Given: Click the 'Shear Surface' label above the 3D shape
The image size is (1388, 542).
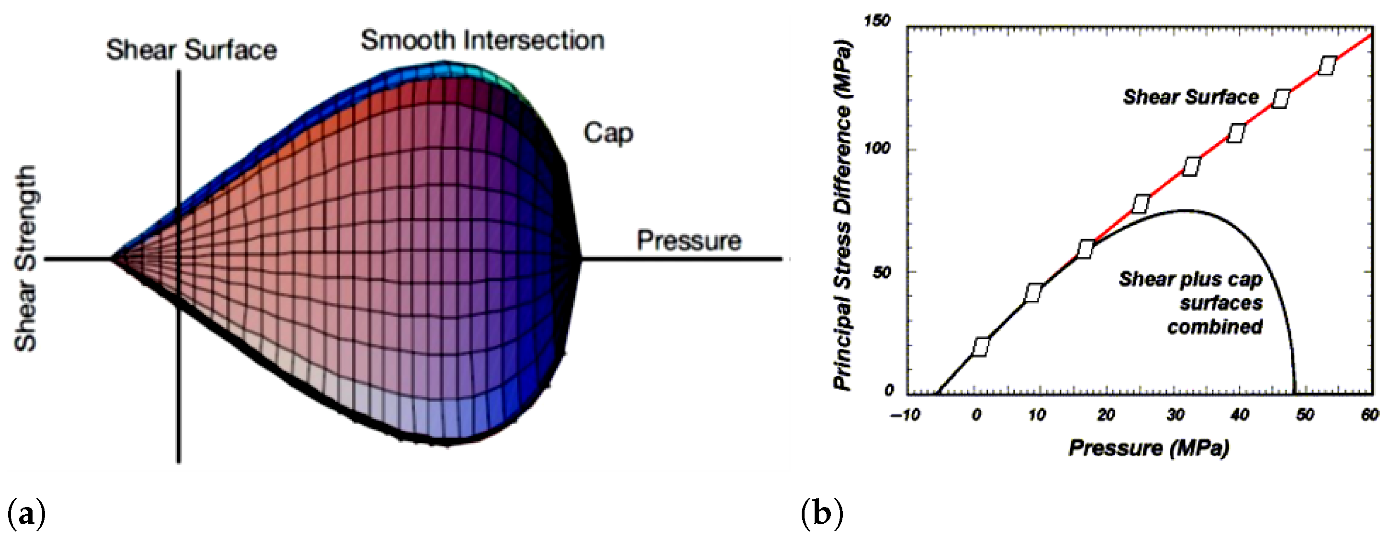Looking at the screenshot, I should coord(191,50).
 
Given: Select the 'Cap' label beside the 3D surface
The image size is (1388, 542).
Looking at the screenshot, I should coord(608,133).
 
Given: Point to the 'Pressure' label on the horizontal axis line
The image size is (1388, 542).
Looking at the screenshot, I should coord(689,241).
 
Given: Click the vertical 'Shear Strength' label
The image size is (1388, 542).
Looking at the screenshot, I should coord(25,259).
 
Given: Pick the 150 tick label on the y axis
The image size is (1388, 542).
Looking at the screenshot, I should coord(877,22).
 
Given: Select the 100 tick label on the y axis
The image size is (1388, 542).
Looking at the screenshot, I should coord(877,149).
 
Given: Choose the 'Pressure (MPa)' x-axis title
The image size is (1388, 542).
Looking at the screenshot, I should coord(1149,448).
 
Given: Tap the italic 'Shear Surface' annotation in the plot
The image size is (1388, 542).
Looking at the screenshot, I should coord(1191,97).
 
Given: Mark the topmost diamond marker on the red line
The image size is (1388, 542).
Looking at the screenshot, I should coord(1327,66).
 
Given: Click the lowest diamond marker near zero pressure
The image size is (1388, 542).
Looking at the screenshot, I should coord(981,347).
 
